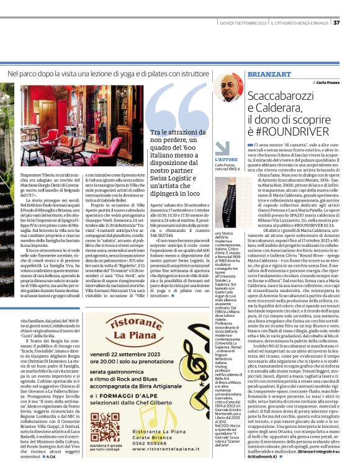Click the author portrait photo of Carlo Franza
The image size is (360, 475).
(228, 87)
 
